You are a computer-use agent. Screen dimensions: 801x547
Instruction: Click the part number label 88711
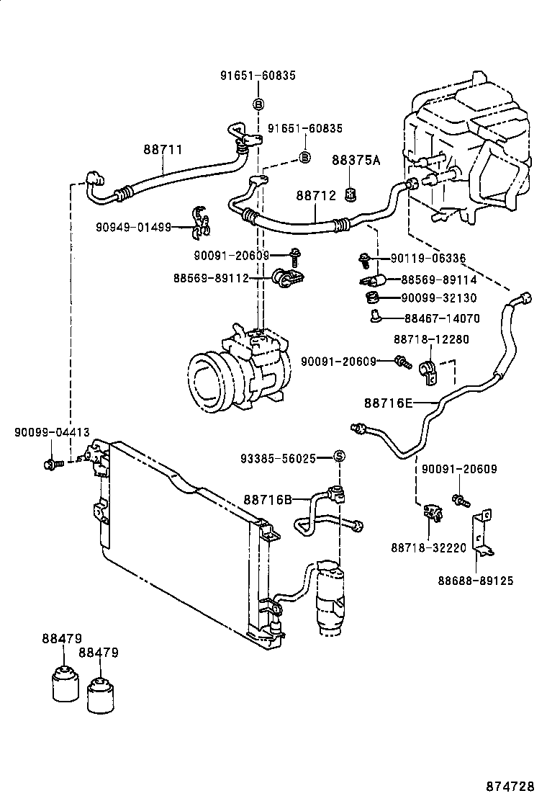pos(162,150)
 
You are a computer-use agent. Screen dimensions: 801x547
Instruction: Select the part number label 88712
pos(316,196)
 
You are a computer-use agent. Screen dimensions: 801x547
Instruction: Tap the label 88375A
pos(356,161)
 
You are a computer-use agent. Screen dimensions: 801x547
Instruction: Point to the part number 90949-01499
pos(133,228)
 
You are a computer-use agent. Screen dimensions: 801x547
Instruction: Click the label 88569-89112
pos(210,277)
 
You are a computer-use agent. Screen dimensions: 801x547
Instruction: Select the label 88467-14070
pos(441,318)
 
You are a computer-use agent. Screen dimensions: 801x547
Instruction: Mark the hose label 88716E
pos(388,403)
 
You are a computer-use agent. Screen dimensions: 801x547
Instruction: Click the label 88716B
pos(267,499)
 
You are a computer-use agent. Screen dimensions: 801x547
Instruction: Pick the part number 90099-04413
pos(52,432)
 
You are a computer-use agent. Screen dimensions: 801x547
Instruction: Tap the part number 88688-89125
pos(476,581)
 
